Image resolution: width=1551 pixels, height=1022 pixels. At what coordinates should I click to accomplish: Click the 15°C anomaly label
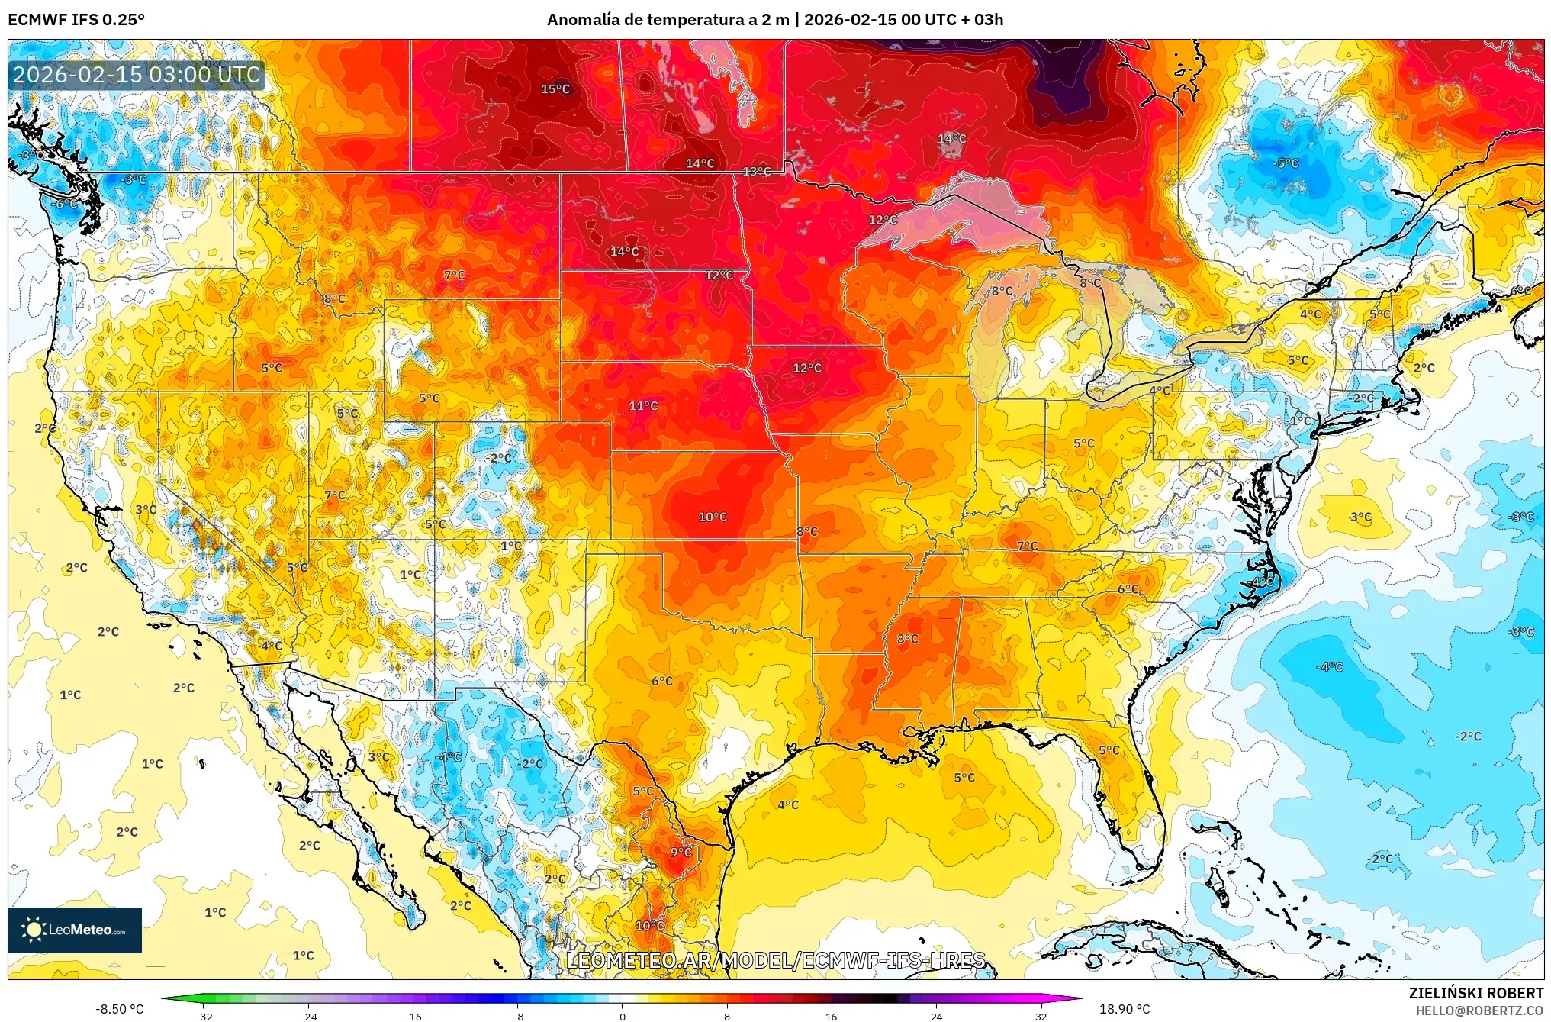pos(555,89)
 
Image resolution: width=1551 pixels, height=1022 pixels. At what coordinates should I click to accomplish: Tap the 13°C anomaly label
pos(756,172)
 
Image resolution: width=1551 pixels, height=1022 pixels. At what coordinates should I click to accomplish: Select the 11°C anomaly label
pos(642,406)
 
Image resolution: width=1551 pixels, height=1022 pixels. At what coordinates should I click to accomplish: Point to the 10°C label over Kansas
pos(712,517)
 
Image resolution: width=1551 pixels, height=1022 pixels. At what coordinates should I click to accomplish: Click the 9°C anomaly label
pos(681,853)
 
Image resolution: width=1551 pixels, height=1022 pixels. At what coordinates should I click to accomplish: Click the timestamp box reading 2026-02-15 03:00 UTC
pos(137,75)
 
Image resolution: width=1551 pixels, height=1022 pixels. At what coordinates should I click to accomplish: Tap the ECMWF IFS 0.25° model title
pos(76,20)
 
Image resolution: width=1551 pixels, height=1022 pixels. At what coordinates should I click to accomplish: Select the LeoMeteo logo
pos(75,930)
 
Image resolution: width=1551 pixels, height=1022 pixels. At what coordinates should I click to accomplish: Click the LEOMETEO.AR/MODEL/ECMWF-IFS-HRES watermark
pos(775,960)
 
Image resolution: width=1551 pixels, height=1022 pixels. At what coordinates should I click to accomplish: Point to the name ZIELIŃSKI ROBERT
pos(1475,993)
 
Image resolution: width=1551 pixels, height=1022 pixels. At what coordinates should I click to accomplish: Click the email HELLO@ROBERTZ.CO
pos(1479,1011)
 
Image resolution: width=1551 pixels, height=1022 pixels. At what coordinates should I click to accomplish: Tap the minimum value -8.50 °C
pos(119,1009)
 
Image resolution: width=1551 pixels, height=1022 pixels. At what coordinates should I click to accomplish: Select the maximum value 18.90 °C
pos(1124,1009)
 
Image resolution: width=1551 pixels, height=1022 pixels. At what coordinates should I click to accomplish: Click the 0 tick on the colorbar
pos(622,1017)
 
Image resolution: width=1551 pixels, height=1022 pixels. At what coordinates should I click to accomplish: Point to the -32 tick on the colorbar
pos(203,1017)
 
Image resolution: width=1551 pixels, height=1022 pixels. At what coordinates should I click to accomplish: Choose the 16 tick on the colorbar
pos(831,1017)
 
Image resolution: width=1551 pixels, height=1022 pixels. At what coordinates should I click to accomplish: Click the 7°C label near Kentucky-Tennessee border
pos(1027,546)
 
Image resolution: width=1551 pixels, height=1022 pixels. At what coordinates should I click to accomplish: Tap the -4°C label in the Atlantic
pos(1329,667)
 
